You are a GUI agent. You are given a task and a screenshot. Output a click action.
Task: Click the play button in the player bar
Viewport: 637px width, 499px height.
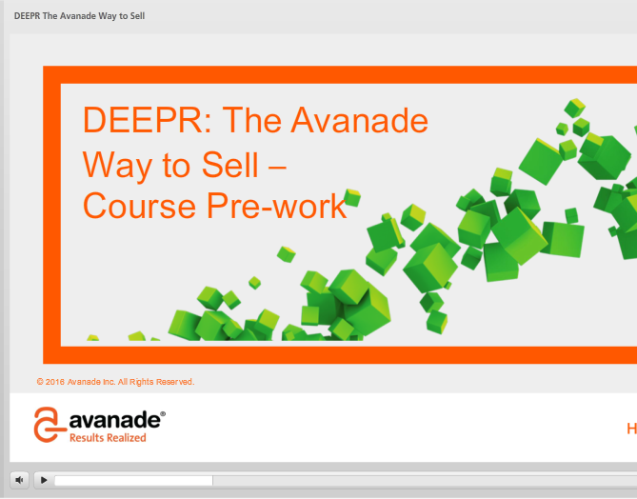pyautogui.click(x=44, y=480)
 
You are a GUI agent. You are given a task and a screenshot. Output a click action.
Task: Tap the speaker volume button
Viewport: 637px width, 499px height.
pyautogui.click(x=19, y=480)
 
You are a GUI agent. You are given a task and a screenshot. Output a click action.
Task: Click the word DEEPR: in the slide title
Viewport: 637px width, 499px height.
pyautogui.click(x=147, y=120)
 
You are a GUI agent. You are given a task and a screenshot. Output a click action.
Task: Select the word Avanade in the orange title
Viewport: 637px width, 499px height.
pyautogui.click(x=360, y=120)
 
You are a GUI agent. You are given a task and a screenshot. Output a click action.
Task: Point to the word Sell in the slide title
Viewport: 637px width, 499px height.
pyautogui.click(x=230, y=165)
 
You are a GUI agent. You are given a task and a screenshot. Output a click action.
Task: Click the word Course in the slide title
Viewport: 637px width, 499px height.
pyautogui.click(x=139, y=206)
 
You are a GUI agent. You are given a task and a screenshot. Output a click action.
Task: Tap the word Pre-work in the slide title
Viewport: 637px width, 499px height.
pyautogui.click(x=277, y=206)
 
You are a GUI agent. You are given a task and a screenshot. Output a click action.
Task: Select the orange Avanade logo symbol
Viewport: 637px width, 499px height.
pyautogui.click(x=50, y=424)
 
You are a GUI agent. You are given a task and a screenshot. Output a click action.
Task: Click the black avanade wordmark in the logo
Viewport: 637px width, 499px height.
pyautogui.click(x=115, y=420)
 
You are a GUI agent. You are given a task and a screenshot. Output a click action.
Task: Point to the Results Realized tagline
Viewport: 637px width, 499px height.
pyautogui.click(x=108, y=438)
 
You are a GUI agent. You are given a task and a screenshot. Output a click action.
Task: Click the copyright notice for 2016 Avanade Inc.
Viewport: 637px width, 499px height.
pyautogui.click(x=116, y=382)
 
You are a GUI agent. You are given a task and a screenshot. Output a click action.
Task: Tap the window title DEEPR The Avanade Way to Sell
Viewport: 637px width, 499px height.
pyautogui.click(x=79, y=16)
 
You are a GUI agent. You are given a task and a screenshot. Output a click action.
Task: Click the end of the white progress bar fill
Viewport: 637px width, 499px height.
pyautogui.click(x=212, y=481)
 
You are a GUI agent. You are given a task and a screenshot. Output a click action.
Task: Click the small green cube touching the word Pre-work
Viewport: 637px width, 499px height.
pyautogui.click(x=351, y=197)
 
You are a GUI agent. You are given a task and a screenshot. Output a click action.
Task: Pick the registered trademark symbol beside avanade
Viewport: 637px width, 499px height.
pyautogui.click(x=163, y=413)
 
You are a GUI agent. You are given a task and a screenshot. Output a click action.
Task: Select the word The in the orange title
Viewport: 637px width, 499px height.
pyautogui.click(x=252, y=120)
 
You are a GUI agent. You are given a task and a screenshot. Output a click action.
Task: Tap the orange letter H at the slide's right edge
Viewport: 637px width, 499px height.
pyautogui.click(x=631, y=429)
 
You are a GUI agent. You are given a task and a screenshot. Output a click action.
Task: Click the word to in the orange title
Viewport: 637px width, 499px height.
pyautogui.click(x=176, y=166)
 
